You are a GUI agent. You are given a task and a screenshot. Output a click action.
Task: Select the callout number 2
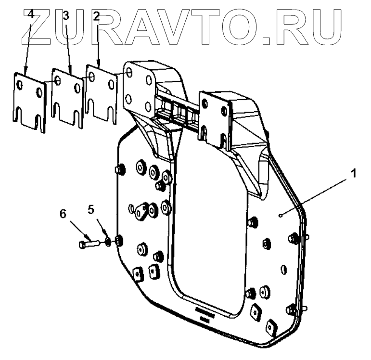tap(96, 16)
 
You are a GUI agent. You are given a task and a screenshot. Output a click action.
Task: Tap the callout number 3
tap(66, 16)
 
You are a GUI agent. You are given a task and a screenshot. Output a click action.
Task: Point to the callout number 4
tap(30, 14)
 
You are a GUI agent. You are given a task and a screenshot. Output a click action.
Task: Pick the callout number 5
tap(92, 209)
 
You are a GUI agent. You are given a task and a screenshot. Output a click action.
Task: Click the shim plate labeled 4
tap(29, 101)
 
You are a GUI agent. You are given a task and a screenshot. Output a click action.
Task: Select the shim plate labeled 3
tap(67, 96)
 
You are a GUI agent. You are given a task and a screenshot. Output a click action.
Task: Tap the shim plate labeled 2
tap(101, 94)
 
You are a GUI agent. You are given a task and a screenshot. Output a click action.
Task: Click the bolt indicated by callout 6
tap(89, 244)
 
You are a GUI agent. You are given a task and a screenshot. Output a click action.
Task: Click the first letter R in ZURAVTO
tap(103, 24)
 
